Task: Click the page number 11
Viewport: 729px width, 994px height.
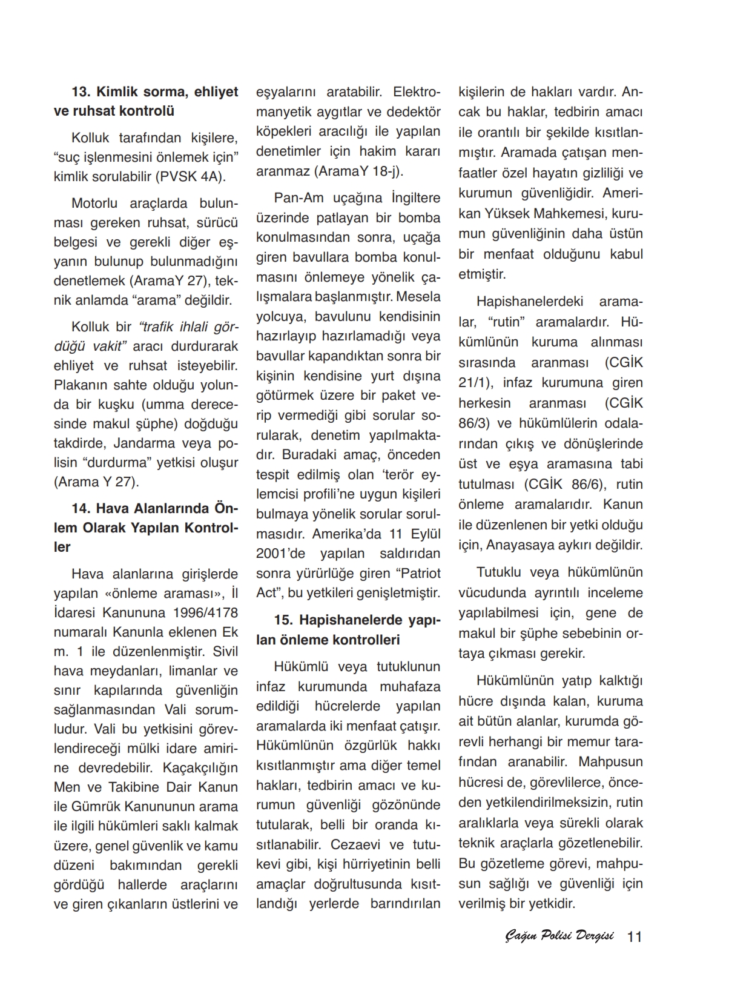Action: pyautogui.click(x=635, y=936)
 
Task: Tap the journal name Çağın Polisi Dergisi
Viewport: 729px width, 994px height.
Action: pyautogui.click(x=559, y=936)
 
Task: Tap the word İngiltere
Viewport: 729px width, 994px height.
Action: pyautogui.click(x=416, y=198)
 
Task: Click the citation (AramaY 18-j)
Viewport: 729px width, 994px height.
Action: pyautogui.click(x=360, y=171)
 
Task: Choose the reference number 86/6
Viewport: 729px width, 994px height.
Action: pyautogui.click(x=582, y=485)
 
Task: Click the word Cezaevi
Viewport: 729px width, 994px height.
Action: pyautogui.click(x=355, y=844)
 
